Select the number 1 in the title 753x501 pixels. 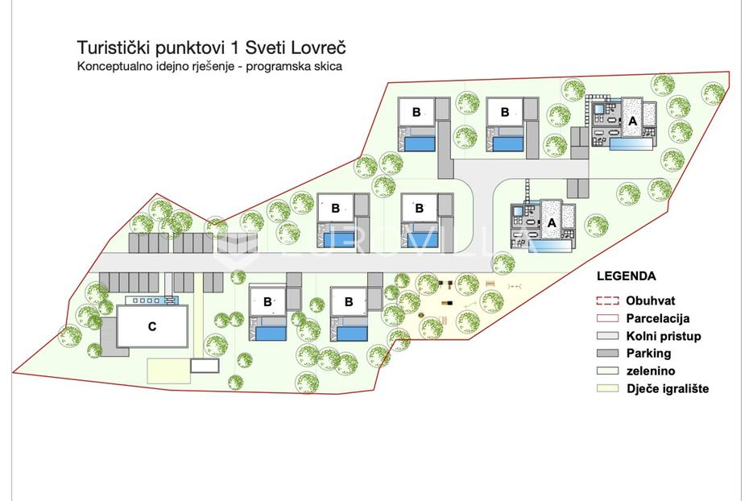pos(234,48)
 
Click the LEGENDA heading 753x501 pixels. pos(627,276)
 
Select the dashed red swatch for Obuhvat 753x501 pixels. pos(607,300)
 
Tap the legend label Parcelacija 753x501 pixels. pos(658,318)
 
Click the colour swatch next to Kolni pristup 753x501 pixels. pos(607,336)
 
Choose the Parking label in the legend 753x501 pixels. pos(648,353)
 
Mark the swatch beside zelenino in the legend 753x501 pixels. pos(607,371)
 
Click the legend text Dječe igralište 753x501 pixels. pos(668,388)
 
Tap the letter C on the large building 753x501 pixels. pos(151,327)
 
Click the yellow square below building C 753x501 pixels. pos(168,371)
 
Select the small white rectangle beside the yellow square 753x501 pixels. pos(205,366)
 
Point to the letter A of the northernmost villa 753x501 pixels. pos(632,121)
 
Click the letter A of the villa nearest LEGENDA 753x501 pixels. pos(552,223)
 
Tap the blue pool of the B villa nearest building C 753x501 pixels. pos(271,333)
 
